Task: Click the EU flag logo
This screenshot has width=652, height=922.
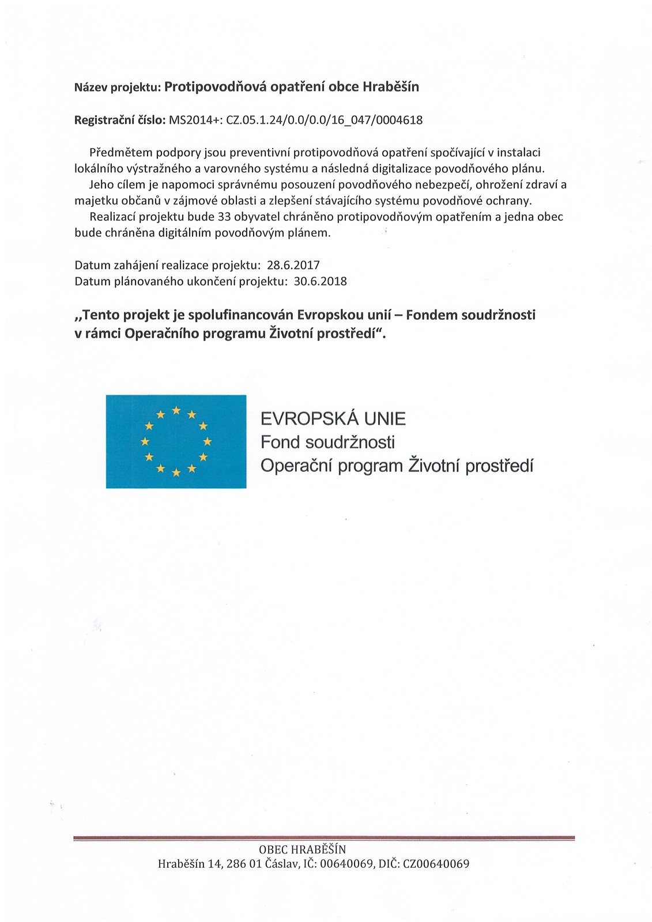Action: click(x=176, y=441)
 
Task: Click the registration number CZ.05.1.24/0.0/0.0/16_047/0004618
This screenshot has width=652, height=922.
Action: click(x=325, y=120)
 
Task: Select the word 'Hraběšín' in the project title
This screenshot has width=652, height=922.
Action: click(x=390, y=87)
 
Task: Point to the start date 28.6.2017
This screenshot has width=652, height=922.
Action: click(x=293, y=266)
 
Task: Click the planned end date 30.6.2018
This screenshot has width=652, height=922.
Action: click(x=321, y=282)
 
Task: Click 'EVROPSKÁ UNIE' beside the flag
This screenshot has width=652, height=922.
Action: click(x=333, y=419)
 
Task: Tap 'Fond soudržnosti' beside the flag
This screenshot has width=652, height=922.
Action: click(x=327, y=443)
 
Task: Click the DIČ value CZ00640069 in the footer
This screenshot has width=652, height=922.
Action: click(x=438, y=864)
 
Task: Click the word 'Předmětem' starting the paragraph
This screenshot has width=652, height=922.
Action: click(x=118, y=153)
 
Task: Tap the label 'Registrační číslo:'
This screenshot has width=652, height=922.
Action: click(x=120, y=120)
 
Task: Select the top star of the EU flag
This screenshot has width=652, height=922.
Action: click(x=176, y=410)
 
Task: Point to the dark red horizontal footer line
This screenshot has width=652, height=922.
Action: click(x=324, y=838)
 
